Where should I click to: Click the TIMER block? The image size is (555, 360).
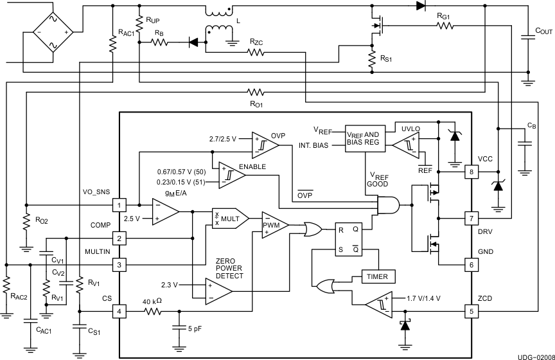[378, 276]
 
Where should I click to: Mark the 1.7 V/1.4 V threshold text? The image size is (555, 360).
[428, 298]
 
